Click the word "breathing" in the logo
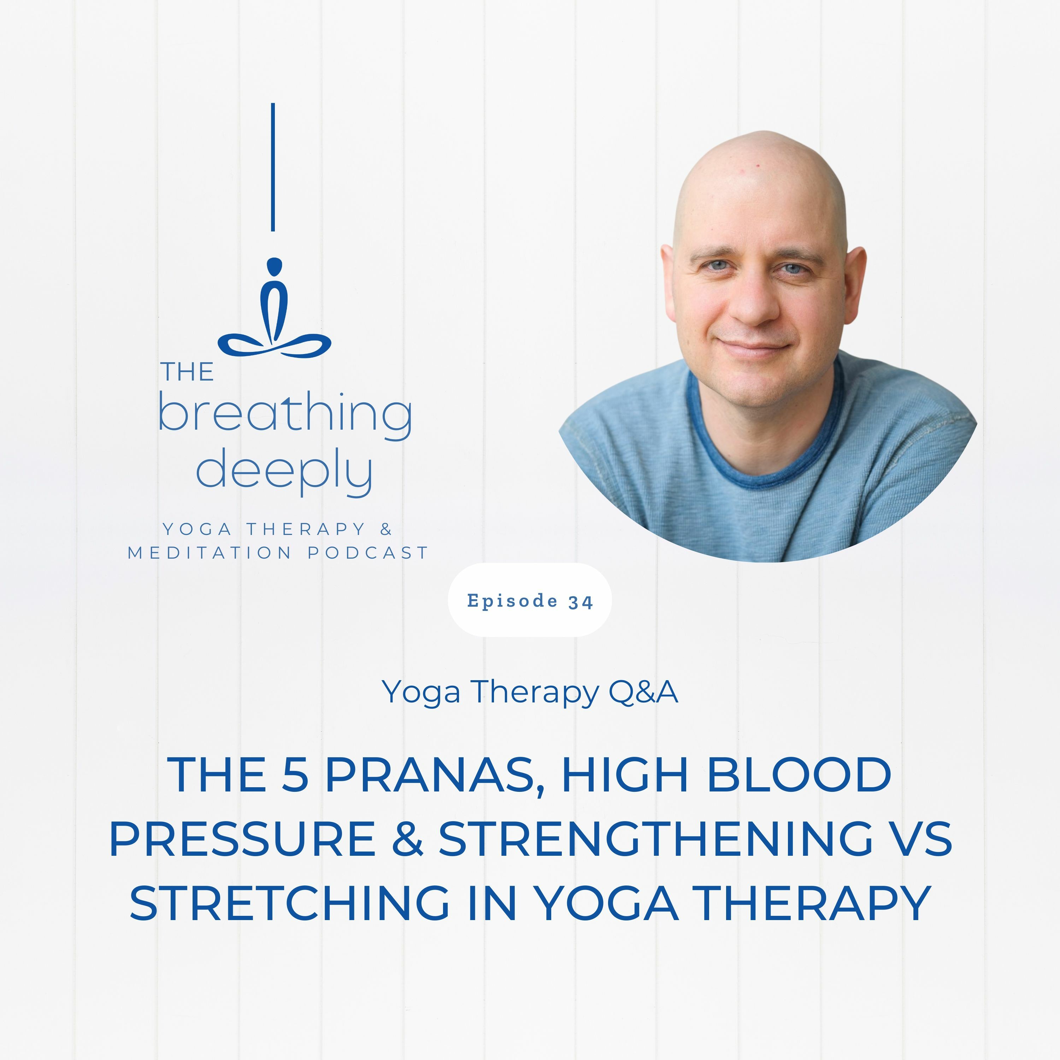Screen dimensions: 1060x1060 click(285, 416)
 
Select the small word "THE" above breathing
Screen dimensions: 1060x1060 click(187, 372)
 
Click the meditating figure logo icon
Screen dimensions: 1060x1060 click(274, 307)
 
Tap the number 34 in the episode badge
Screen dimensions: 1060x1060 click(581, 602)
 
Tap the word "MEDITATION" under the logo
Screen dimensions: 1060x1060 click(210, 553)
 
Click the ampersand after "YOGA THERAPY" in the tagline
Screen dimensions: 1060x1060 click(386, 529)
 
